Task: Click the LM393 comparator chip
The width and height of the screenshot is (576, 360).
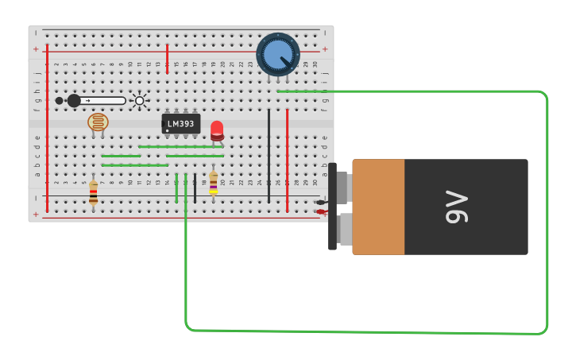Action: coord(181,124)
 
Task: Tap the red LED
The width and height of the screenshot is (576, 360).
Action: coord(217,130)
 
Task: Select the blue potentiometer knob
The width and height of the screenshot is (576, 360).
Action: coord(278,54)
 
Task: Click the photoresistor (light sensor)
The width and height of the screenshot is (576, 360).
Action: coord(98,122)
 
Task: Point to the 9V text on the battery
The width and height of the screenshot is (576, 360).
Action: coord(457,207)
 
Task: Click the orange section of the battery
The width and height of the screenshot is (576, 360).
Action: coord(378,207)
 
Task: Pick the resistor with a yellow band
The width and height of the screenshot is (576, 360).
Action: coord(213,183)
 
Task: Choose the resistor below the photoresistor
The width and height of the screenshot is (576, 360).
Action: coord(93,192)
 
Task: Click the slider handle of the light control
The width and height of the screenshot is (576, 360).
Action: coord(74,101)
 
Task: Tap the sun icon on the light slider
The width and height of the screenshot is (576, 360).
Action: coord(140,101)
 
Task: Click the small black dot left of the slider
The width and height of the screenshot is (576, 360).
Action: coord(59,101)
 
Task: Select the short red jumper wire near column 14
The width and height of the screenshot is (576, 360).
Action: coord(167,59)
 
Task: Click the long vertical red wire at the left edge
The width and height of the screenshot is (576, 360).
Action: coord(47,127)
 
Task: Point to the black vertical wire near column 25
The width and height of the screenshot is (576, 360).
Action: coord(269,155)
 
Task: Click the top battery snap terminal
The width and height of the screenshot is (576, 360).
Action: coord(342,188)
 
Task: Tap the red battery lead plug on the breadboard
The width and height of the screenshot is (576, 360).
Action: coord(320,211)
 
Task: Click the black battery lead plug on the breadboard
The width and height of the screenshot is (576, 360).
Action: coord(320,202)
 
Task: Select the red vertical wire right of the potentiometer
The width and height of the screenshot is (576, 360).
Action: coord(287,159)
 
